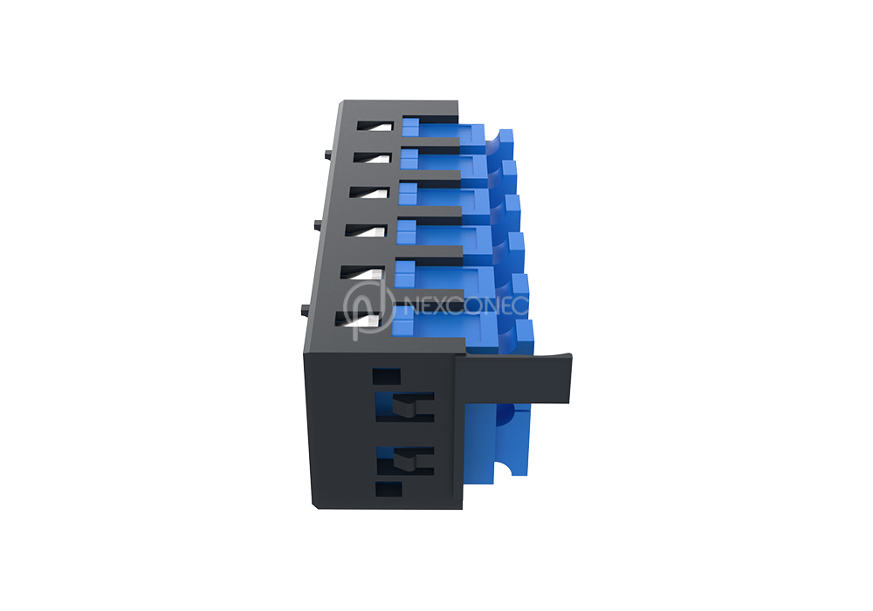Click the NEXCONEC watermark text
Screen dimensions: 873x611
465,305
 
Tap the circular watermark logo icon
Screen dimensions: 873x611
368,308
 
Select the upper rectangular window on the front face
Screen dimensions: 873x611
405,407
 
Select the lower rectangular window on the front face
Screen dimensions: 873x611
405,461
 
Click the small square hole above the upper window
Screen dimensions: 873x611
387,376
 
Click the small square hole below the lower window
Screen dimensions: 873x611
388,489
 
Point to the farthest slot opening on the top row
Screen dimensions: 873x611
375,127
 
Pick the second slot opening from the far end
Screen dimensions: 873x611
372,157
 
